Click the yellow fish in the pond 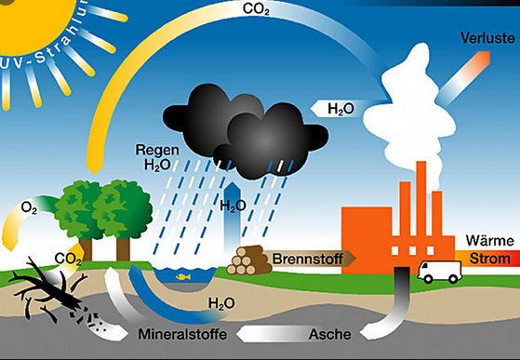[183, 276]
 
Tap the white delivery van [440, 272]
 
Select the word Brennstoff [307, 259]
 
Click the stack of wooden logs [247, 260]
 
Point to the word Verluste [487, 38]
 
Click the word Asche [329, 334]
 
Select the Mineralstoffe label [182, 334]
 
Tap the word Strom [489, 259]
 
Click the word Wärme [489, 240]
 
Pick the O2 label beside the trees [29, 208]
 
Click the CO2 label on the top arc [256, 9]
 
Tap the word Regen [157, 150]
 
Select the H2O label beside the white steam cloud [340, 109]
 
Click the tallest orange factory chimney [421, 198]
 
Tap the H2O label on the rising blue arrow [233, 206]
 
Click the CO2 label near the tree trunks [68, 259]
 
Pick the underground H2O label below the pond [222, 303]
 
